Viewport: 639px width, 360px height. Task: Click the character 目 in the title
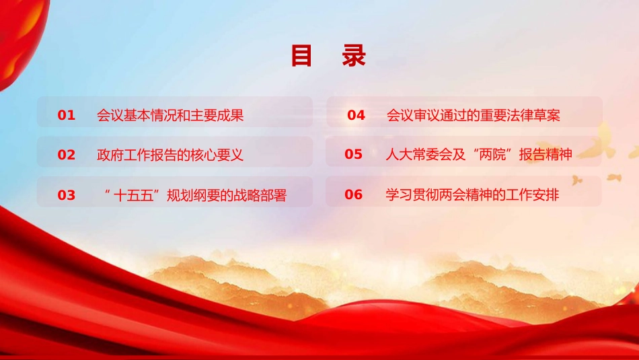[302, 57]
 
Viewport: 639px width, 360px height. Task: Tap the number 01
[67, 116]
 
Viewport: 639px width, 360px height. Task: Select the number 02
[67, 155]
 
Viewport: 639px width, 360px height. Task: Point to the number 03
[67, 196]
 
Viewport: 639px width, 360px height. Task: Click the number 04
[356, 116]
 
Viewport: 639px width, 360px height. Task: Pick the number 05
[354, 155]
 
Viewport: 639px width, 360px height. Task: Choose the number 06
[354, 195]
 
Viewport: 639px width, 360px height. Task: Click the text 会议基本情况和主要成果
[170, 116]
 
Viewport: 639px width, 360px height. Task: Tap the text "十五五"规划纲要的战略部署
[196, 196]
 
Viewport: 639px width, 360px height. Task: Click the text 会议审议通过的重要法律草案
[474, 116]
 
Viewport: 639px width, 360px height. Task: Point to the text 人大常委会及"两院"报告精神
[478, 155]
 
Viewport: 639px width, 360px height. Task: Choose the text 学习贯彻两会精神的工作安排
[472, 195]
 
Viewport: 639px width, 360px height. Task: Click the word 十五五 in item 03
[135, 196]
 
